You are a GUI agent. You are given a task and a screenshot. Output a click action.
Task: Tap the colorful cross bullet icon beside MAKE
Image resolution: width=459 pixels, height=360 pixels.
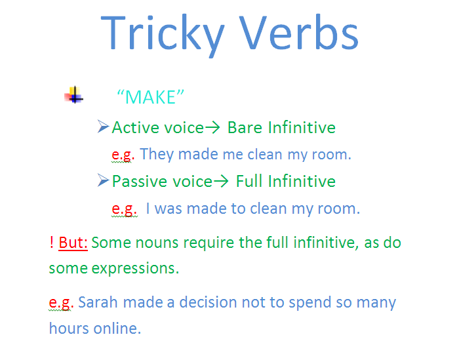pos(74,96)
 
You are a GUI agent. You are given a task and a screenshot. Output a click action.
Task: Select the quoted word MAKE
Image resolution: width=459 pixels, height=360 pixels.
pos(150,97)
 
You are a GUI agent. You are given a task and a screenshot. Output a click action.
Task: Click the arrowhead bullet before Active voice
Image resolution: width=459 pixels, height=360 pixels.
pos(102,127)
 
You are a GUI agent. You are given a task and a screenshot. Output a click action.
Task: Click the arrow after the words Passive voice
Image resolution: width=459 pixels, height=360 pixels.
pos(223,182)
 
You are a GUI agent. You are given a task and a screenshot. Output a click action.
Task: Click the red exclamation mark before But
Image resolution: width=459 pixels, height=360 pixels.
pos(51,243)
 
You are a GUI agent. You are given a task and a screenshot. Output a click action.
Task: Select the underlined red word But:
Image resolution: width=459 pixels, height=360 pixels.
pos(73,243)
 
